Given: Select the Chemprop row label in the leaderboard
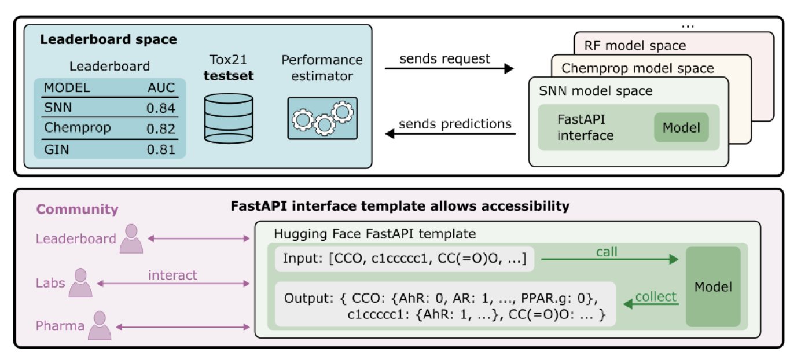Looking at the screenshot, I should (69, 128).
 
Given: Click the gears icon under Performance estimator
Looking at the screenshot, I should (322, 119).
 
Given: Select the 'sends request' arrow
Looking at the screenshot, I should (449, 69).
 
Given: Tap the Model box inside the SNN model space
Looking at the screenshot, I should (681, 127).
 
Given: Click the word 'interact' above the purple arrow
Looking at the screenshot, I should (173, 275).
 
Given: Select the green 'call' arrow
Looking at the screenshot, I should (608, 260).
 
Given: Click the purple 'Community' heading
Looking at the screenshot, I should (78, 210).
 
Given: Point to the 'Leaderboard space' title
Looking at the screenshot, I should (108, 41).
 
